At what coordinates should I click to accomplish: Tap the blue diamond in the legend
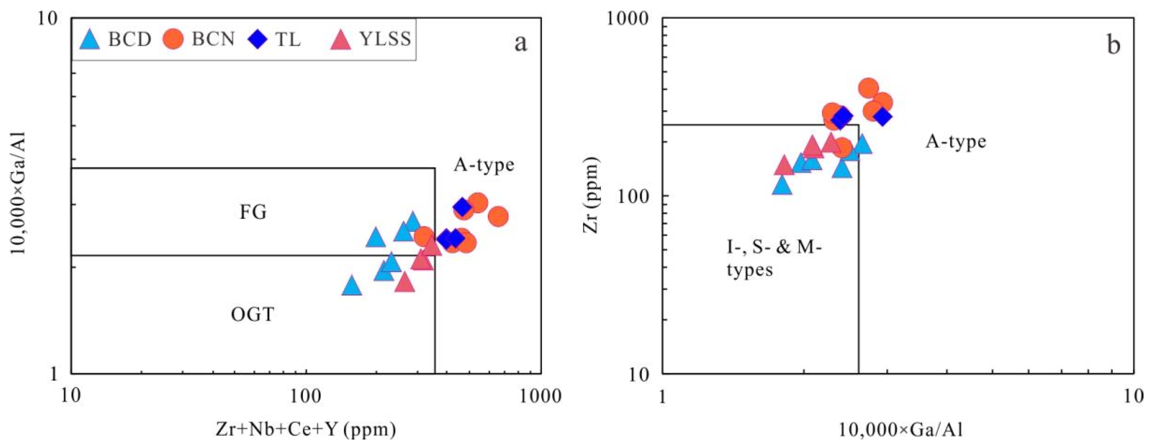pos(257,39)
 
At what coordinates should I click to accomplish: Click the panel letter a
pos(520,44)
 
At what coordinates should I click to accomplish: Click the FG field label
pos(253,212)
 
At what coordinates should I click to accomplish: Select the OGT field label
pos(252,315)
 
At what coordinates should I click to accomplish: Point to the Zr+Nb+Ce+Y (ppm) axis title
pos(306,430)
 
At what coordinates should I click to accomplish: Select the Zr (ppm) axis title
pos(590,195)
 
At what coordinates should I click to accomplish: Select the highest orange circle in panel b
pos(868,88)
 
